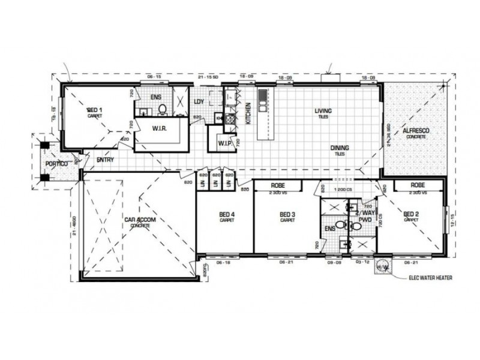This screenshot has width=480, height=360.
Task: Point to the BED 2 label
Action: [411, 214]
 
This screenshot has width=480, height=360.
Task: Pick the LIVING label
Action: [323, 110]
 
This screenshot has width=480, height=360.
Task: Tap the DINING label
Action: [339, 148]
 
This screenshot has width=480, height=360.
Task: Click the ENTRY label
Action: [106, 160]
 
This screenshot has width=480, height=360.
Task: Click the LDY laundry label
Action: [199, 101]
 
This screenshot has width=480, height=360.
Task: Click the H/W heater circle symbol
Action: [380, 268]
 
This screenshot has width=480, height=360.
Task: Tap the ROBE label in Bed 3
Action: [277, 187]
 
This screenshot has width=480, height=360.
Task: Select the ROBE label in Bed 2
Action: [418, 186]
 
